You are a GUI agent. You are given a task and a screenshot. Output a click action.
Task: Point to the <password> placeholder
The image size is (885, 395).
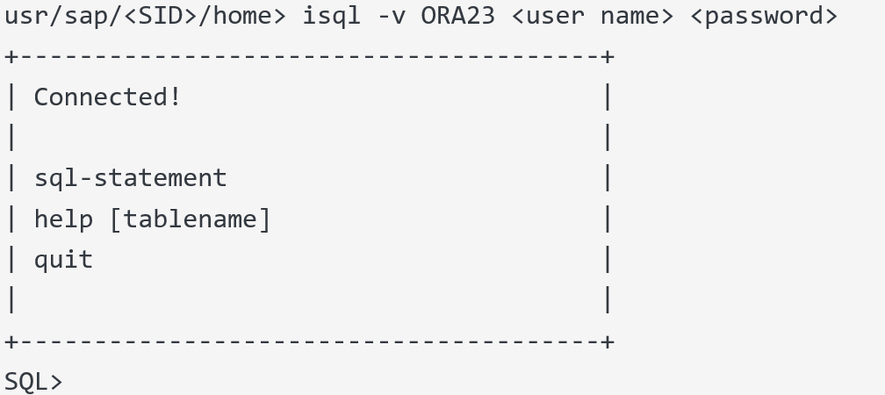[764, 16]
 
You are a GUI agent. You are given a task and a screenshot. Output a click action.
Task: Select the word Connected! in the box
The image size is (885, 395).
[107, 97]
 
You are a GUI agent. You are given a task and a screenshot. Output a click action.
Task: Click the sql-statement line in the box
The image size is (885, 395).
[130, 178]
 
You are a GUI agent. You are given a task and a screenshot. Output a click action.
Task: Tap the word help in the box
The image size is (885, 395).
[63, 219]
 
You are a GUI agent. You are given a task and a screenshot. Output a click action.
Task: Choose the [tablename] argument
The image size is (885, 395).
[190, 219]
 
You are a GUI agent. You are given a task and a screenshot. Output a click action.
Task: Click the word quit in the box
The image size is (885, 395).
[63, 260]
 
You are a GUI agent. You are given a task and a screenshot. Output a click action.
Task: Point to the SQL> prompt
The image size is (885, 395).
[33, 382]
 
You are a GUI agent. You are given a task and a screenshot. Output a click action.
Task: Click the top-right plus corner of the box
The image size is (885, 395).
[608, 57]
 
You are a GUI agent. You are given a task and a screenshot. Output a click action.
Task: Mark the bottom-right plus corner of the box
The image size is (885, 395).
[608, 341]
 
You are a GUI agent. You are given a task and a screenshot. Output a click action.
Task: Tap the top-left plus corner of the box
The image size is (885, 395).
[11, 57]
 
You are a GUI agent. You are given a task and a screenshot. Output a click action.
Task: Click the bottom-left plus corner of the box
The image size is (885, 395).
[11, 341]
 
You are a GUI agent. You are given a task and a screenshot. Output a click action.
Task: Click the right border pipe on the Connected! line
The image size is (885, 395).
[608, 97]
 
